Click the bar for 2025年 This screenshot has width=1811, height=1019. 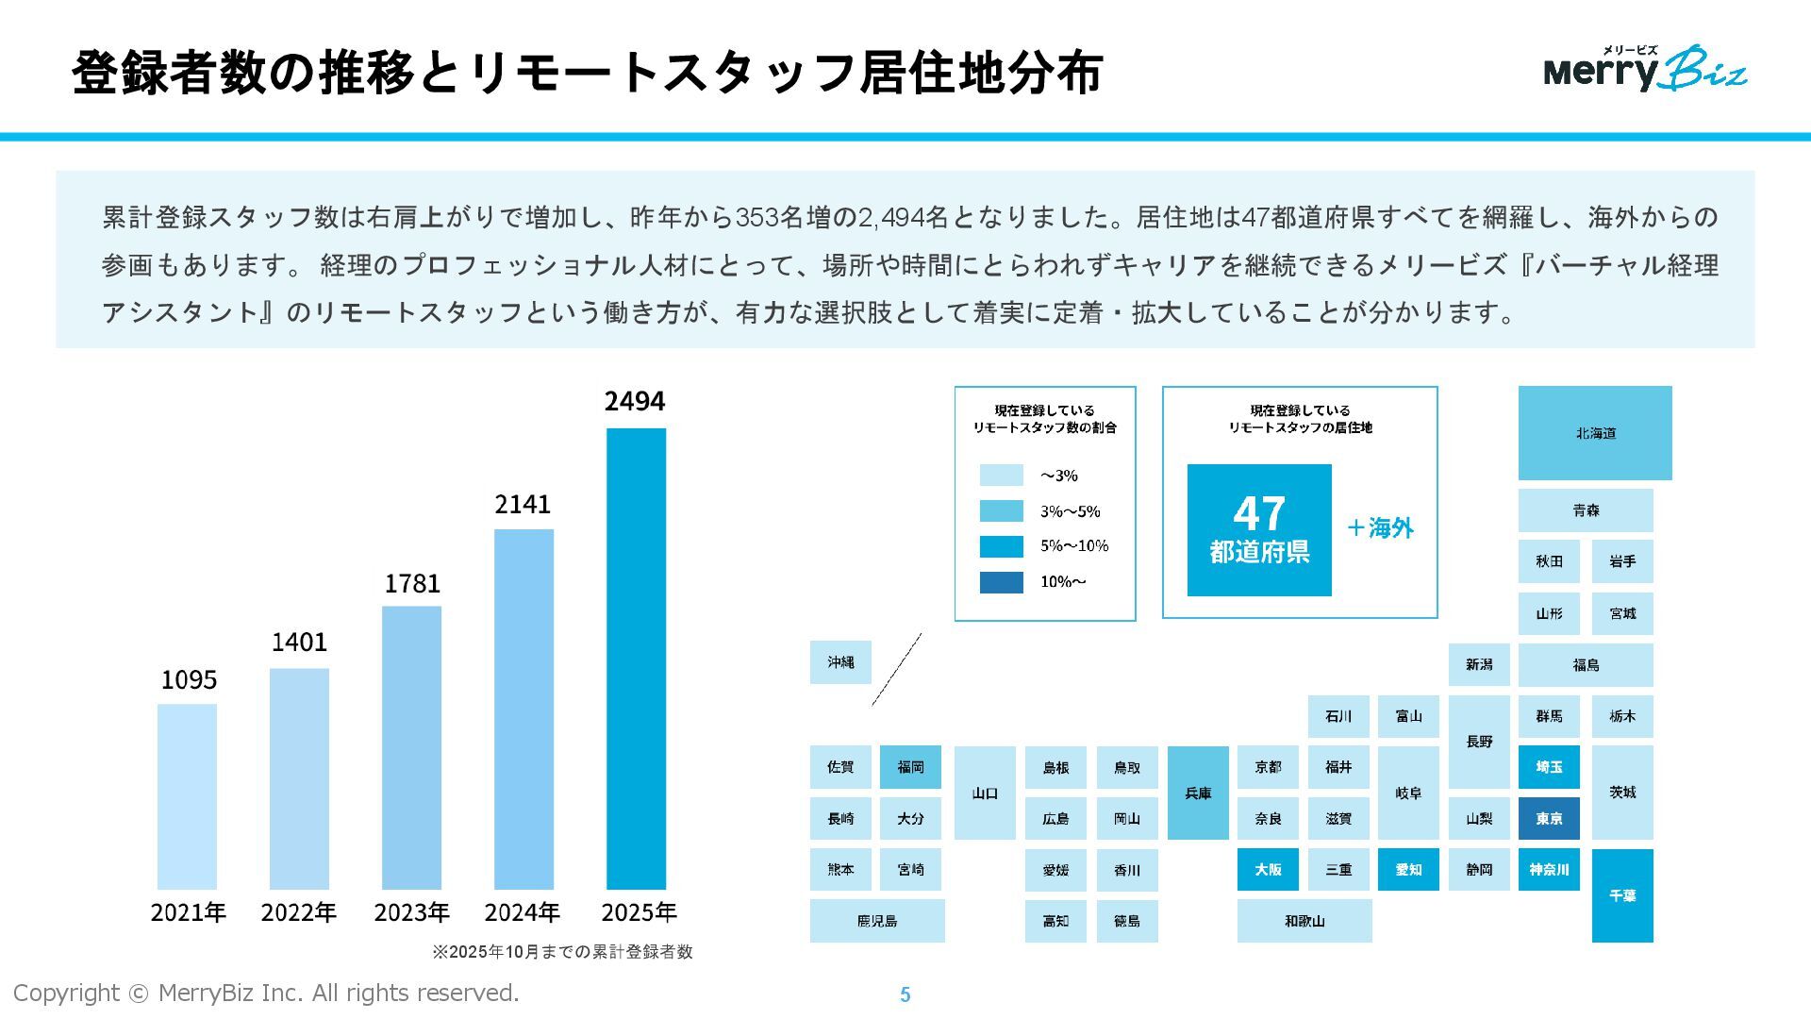636,658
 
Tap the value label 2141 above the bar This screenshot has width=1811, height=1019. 523,505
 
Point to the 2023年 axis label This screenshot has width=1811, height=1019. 411,912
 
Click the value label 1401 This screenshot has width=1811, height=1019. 299,643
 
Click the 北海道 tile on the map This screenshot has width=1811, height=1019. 1594,433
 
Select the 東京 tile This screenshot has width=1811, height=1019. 1549,818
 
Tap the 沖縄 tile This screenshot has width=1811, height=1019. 840,662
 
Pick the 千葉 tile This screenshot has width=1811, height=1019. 1622,895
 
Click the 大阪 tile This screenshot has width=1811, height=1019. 1268,869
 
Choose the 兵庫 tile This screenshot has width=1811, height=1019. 1198,793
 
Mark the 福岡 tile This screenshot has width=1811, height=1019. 910,767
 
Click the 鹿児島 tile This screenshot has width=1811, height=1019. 877,920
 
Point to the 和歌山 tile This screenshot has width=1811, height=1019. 1304,920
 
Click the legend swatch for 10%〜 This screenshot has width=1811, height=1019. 1001,582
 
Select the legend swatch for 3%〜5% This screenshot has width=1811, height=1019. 1001,511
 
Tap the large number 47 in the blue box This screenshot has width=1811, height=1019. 1259,514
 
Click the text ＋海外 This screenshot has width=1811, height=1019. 1380,528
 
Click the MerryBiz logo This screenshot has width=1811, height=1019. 1645,69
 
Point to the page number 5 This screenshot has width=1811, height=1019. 905,994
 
